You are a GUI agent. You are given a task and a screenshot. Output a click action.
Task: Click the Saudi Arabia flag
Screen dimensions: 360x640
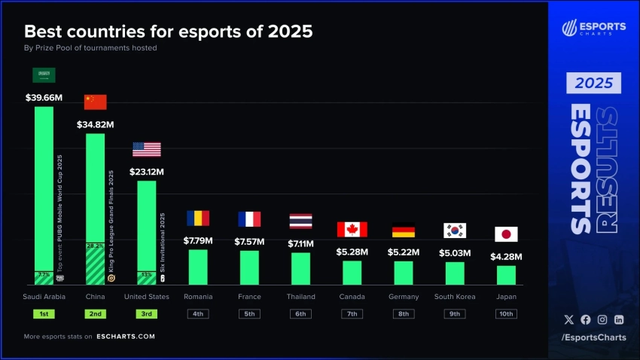44,75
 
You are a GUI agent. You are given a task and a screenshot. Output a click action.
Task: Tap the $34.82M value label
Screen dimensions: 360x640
95,124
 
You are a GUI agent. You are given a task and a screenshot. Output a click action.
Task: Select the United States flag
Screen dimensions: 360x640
147,149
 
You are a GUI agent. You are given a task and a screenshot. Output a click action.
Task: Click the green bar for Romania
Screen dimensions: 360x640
198,267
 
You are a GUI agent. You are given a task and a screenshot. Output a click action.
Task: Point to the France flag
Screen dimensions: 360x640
249,219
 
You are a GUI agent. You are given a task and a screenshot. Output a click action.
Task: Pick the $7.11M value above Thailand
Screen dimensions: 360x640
300,243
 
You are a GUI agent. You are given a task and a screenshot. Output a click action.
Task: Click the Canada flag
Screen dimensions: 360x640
352,229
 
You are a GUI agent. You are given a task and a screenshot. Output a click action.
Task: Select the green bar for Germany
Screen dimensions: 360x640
404,273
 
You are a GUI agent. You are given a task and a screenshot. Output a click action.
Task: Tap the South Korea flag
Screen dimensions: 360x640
455,230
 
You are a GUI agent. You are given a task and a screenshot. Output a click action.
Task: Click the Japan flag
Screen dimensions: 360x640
506,234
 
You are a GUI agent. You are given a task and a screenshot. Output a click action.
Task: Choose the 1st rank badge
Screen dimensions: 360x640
44,313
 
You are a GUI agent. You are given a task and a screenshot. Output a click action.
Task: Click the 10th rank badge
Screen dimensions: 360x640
506,313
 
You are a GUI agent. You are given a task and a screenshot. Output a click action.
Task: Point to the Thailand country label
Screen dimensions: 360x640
300,297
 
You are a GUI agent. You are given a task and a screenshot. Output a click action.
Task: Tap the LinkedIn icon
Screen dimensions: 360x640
618,320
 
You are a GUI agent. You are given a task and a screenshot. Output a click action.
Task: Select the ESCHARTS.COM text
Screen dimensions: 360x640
126,337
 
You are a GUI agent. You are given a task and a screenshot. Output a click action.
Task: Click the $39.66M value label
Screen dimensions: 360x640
44,97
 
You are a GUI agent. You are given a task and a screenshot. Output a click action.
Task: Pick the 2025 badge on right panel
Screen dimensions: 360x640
594,82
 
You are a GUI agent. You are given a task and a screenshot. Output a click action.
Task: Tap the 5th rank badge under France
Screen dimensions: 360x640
249,313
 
